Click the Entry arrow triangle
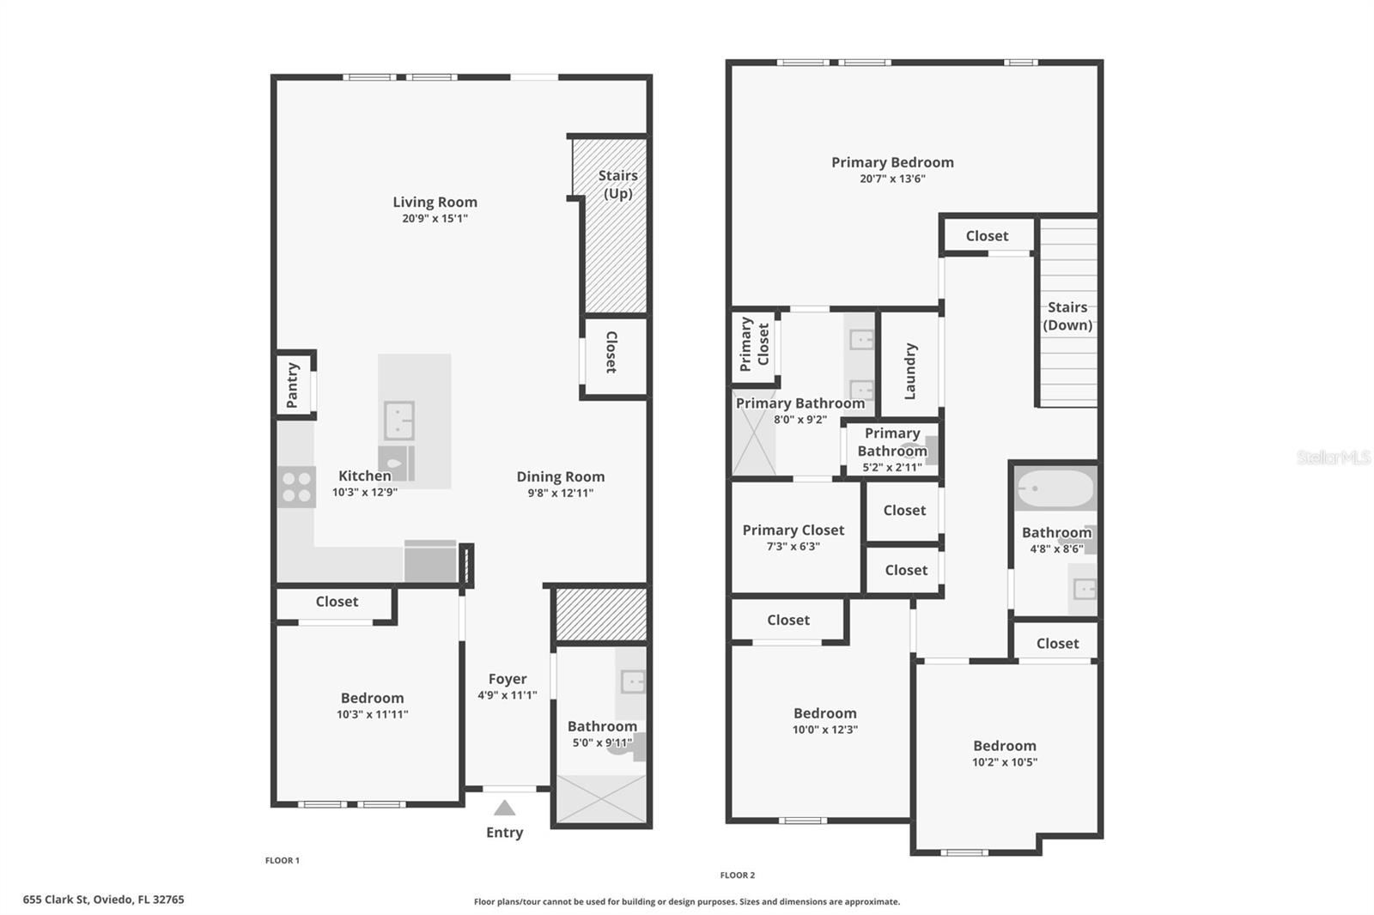(504, 808)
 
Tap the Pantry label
(292, 385)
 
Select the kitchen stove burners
(296, 487)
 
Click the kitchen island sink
(398, 420)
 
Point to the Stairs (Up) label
(617, 185)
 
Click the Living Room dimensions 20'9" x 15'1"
(435, 219)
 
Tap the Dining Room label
(560, 476)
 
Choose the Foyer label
(508, 679)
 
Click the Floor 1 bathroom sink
(633, 682)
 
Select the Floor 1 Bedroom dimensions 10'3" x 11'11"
(372, 714)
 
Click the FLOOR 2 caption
(737, 876)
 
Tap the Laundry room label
(910, 371)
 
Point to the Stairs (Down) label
(1067, 316)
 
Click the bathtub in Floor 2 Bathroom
(1055, 490)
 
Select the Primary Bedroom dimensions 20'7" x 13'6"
(892, 179)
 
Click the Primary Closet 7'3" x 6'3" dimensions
(793, 547)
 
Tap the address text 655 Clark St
(103, 900)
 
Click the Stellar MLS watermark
(1334, 457)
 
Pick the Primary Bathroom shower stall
(753, 443)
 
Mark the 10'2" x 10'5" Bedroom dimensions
(1004, 762)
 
